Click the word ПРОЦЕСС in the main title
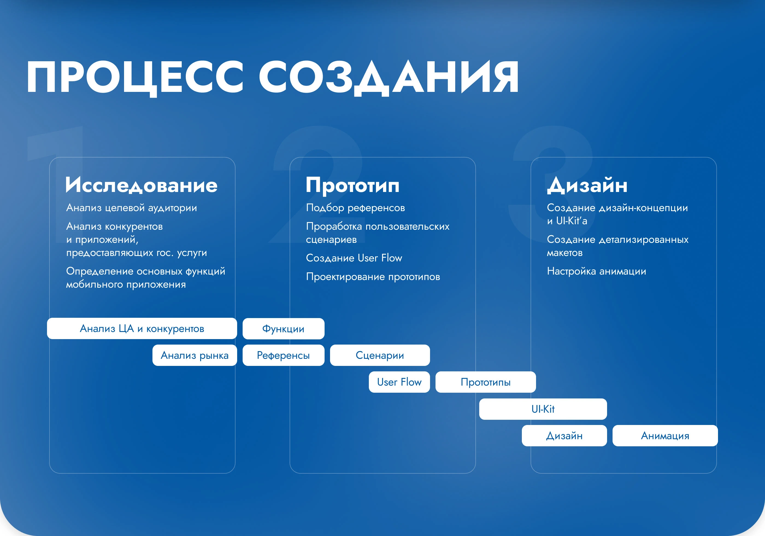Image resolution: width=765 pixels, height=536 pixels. click(135, 78)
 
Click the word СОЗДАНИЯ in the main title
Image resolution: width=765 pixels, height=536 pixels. click(389, 78)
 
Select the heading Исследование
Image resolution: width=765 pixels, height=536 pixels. click(142, 185)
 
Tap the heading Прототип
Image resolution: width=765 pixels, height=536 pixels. click(352, 185)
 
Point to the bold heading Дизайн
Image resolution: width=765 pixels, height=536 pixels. click(587, 185)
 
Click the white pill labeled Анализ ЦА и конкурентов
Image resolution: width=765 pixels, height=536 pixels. click(142, 328)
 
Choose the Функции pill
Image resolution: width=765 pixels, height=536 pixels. click(284, 328)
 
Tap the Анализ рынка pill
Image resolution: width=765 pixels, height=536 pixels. click(195, 355)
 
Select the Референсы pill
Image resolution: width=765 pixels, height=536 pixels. click(284, 355)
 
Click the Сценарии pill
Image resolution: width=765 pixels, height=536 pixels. click(380, 355)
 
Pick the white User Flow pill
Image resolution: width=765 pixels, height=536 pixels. click(399, 382)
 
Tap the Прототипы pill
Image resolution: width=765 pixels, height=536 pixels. click(486, 382)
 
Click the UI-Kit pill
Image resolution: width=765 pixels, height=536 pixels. click(543, 409)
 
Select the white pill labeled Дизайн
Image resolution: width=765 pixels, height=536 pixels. click(564, 436)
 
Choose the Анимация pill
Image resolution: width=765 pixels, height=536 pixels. click(665, 436)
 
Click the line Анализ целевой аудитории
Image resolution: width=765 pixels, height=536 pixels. click(132, 208)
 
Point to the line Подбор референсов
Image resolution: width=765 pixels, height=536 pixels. click(355, 208)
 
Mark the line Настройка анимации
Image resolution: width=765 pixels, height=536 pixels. click(596, 271)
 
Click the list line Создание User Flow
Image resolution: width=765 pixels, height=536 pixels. click(354, 258)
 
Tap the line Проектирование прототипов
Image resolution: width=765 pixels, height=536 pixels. click(373, 276)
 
